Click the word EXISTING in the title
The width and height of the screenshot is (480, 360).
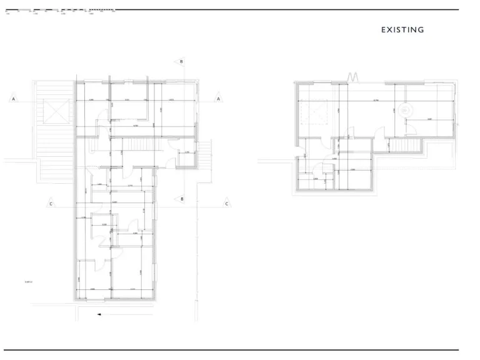[x=402, y=29]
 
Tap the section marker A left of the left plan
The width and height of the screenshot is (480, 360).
[x=13, y=99]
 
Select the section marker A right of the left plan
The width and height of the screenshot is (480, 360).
[x=219, y=99]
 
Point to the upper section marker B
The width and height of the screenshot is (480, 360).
[x=181, y=61]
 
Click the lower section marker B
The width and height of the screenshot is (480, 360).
[x=181, y=199]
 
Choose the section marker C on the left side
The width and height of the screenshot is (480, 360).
[x=51, y=203]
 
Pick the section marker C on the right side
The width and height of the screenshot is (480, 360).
[x=227, y=203]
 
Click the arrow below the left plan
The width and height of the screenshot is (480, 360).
[x=99, y=315]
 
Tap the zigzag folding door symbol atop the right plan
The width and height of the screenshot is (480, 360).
[x=354, y=78]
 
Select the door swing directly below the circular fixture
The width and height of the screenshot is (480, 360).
[x=410, y=129]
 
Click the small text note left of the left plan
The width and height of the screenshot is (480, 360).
[x=27, y=282]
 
